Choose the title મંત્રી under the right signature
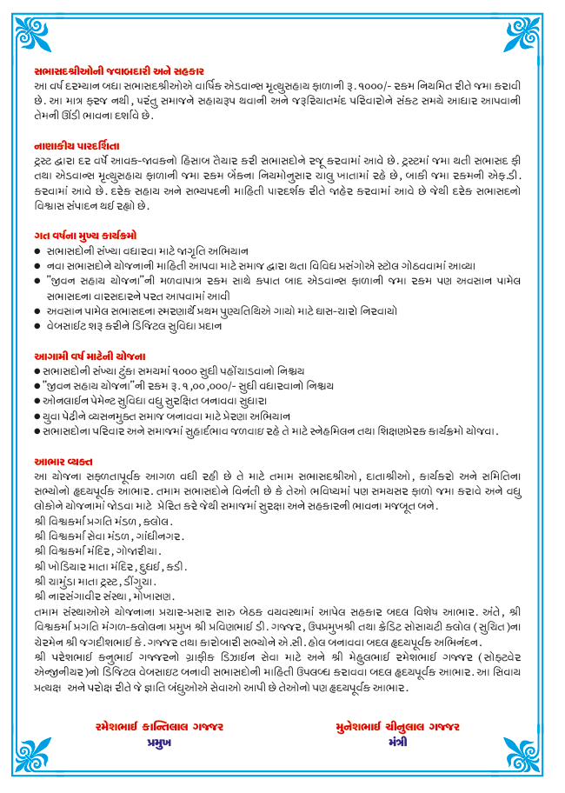click(x=398, y=744)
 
